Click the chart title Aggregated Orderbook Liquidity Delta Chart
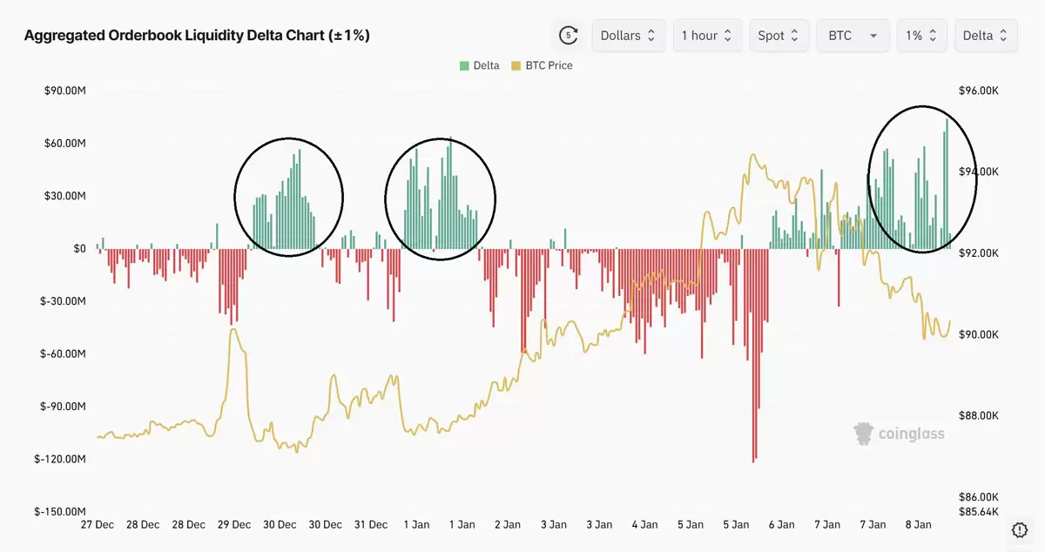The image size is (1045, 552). coord(197,36)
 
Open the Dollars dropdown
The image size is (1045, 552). coord(629,36)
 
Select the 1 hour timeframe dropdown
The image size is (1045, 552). coord(707,36)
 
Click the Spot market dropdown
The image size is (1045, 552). coord(779,36)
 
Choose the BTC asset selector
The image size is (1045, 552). coord(853,36)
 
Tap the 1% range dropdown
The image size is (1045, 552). coord(921,36)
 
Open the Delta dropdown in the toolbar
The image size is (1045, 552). coord(986,36)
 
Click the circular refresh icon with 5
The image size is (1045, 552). coord(569,36)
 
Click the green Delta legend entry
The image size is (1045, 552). coord(480,65)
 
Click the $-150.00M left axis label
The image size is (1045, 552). coord(61,512)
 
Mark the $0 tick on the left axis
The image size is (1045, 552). coord(78,248)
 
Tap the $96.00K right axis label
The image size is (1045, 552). coord(978,91)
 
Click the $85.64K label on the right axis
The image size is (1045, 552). coord(978,511)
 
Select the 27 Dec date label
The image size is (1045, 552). coord(97,525)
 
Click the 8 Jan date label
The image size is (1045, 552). coord(918,525)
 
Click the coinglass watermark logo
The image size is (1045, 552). coord(899,433)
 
